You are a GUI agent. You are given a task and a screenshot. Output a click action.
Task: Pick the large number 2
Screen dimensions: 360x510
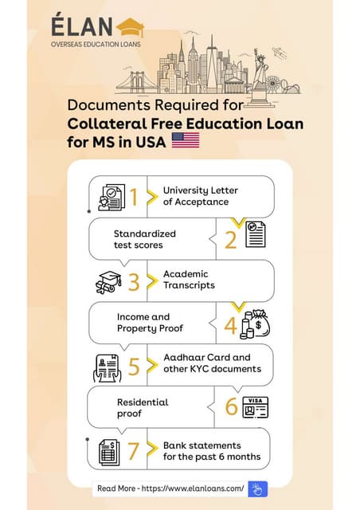click(x=230, y=238)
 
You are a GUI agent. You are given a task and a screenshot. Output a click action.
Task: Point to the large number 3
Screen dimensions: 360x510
click(x=135, y=280)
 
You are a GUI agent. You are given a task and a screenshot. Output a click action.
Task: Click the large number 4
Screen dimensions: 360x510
click(x=230, y=324)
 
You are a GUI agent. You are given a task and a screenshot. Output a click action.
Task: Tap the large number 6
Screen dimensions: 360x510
click(x=231, y=408)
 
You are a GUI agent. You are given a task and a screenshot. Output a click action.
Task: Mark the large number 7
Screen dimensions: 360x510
click(x=135, y=451)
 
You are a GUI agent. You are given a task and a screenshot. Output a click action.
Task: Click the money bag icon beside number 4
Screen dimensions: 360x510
click(x=256, y=323)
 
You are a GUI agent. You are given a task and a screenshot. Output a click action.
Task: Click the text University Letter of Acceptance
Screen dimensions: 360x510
click(x=200, y=196)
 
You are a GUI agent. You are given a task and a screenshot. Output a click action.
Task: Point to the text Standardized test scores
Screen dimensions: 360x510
click(x=144, y=238)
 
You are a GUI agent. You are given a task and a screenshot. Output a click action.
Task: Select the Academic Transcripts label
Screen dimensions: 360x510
click(x=189, y=280)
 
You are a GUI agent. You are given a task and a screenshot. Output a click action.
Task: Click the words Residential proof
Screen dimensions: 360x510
click(x=143, y=408)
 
